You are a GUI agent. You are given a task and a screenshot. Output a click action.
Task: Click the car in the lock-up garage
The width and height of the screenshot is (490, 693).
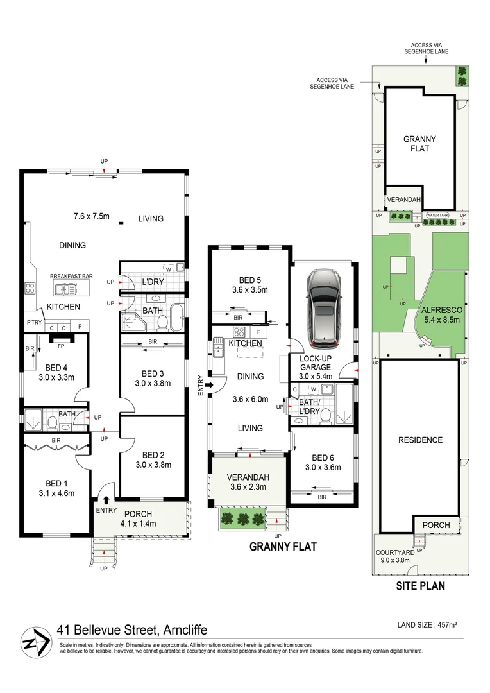pyautogui.click(x=323, y=307)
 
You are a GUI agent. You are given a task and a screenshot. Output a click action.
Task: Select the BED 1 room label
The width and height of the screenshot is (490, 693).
pyautogui.click(x=56, y=484)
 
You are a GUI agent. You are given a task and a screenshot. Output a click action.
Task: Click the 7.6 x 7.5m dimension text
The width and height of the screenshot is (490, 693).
pyautogui.click(x=92, y=216)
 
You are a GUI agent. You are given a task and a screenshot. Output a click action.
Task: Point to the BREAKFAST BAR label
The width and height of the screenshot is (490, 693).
pyautogui.click(x=71, y=276)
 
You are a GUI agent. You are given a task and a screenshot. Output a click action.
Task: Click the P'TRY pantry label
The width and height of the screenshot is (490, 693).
pyautogui.click(x=34, y=323)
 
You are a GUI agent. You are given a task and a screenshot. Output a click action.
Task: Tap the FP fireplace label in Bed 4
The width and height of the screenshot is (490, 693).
pyautogui.click(x=61, y=346)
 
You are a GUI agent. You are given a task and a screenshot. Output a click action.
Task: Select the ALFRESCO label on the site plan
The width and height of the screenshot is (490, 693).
pyautogui.click(x=442, y=310)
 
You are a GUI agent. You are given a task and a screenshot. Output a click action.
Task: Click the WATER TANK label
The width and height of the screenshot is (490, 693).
pyautogui.click(x=437, y=215)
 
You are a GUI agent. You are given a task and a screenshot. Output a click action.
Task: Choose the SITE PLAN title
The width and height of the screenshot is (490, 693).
pyautogui.click(x=421, y=586)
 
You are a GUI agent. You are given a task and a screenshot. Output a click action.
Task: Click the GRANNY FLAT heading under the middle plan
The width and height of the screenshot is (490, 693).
pyautogui.click(x=283, y=547)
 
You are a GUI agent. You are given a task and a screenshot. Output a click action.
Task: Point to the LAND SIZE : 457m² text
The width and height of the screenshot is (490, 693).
pyautogui.click(x=427, y=625)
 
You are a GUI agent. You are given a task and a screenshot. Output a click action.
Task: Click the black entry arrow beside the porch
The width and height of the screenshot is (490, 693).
pyautogui.click(x=106, y=500)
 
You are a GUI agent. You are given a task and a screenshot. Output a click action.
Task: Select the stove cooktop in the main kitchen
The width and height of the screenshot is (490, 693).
pyautogui.click(x=30, y=289)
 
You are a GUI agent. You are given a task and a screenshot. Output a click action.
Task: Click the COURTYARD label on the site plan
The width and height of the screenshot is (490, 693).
pyautogui.click(x=395, y=552)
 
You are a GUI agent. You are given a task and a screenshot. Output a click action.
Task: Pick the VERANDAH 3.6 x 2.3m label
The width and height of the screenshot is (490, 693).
pyautogui.click(x=248, y=482)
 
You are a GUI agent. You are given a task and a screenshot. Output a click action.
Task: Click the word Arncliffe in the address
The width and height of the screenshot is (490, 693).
pyautogui.click(x=185, y=629)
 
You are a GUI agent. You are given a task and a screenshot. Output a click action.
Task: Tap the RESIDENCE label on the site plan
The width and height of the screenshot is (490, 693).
pyautogui.click(x=420, y=440)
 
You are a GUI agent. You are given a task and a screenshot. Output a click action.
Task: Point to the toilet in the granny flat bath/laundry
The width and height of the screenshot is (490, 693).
pyautogui.click(x=326, y=415)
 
